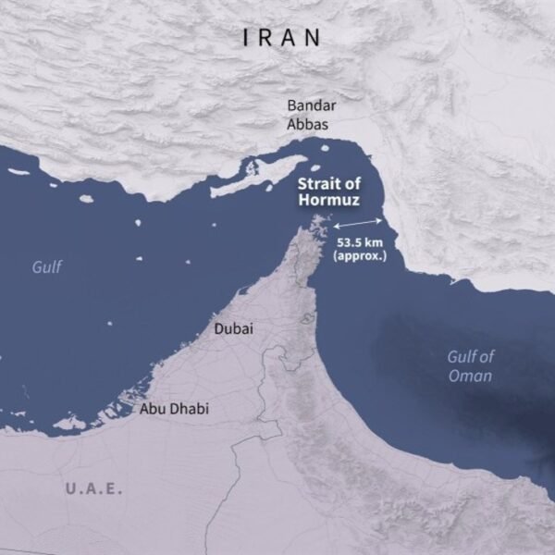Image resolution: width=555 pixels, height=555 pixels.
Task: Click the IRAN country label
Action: click(281, 38)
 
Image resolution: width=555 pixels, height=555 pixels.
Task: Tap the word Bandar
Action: click(310, 105)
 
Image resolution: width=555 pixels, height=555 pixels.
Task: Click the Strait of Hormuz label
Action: click(328, 191)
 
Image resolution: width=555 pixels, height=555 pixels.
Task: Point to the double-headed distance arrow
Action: click(358, 224)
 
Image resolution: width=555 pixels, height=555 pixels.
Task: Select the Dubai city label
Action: click(233, 328)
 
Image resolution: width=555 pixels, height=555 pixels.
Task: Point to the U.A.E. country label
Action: click(93, 487)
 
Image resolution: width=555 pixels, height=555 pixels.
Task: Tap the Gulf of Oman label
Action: click(470, 365)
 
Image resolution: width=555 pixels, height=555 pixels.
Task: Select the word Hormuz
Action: click(328, 200)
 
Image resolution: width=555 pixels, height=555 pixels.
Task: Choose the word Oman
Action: click(472, 376)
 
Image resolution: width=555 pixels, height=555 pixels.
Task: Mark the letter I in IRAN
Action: click(246, 38)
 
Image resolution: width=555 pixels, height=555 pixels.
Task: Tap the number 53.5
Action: click(346, 242)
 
